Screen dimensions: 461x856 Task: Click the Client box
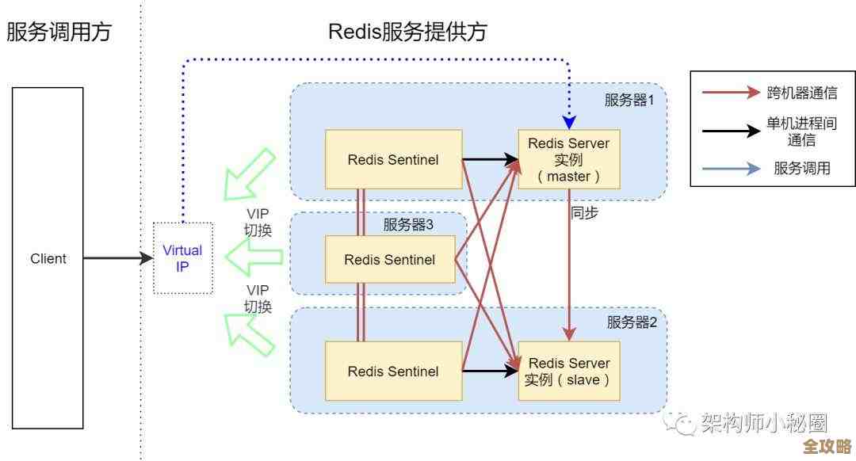(48, 258)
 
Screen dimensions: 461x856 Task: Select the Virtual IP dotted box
(182, 258)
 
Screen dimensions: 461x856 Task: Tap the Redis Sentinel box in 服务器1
(393, 159)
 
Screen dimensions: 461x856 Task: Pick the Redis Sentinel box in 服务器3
(390, 259)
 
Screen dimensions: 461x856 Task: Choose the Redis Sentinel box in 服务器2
(393, 370)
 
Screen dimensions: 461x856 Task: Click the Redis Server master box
(568, 159)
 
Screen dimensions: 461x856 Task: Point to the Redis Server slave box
(568, 371)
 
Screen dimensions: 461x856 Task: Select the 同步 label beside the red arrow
(584, 213)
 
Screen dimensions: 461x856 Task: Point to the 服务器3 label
(408, 225)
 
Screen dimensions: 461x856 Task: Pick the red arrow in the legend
(730, 93)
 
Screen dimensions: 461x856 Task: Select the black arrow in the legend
(730, 131)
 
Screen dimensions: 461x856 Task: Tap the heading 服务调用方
(59, 32)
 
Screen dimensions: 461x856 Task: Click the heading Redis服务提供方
(407, 32)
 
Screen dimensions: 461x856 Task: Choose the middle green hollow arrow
(254, 256)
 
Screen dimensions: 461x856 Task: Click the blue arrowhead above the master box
(568, 122)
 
